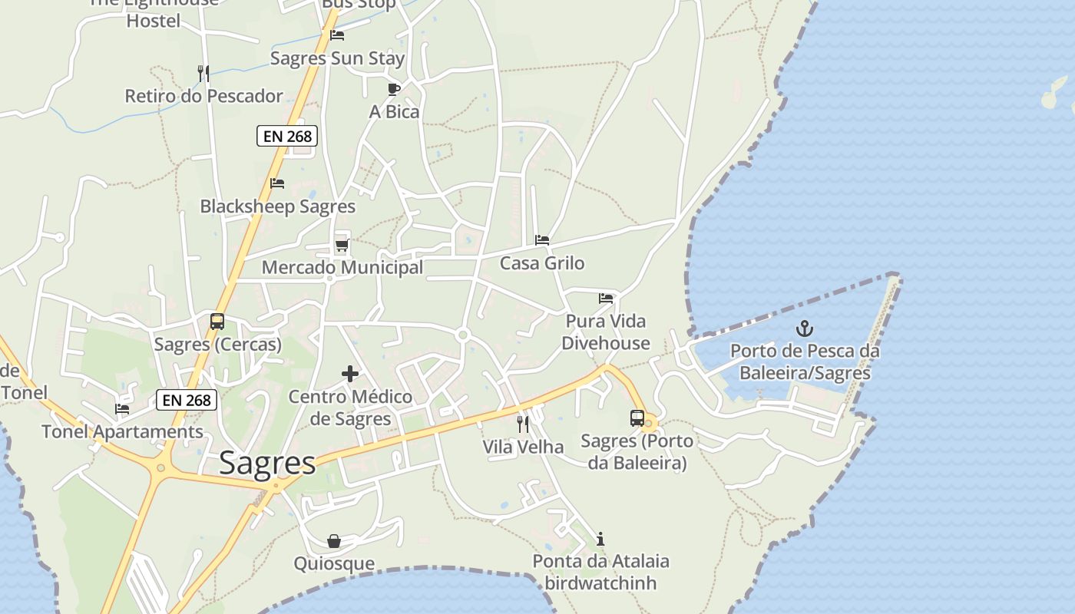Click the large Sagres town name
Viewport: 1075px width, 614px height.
[x=267, y=463]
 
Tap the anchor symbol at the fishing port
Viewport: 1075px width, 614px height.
[x=804, y=329]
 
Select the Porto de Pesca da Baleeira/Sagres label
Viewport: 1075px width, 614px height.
[x=805, y=362]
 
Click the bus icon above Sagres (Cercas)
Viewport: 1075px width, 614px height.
[x=217, y=322]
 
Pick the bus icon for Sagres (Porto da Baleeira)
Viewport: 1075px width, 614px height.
[x=637, y=418]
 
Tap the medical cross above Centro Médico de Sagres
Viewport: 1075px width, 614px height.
[x=350, y=374]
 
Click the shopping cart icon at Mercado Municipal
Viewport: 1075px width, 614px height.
[x=342, y=246]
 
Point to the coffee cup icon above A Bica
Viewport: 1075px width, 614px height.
[x=394, y=89]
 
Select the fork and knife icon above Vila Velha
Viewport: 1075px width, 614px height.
[x=523, y=424]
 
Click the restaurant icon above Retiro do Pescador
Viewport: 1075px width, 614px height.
[x=203, y=73]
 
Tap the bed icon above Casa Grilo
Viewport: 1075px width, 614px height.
[x=542, y=240]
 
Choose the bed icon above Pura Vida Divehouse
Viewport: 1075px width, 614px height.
[x=606, y=298]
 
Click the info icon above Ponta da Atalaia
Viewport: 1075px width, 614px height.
[x=600, y=539]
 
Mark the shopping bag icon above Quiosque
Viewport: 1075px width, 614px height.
[x=334, y=541]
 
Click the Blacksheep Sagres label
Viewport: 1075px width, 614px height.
[x=277, y=206]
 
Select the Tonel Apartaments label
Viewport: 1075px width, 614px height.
[x=122, y=431]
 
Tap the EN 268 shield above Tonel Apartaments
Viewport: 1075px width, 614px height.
[x=187, y=400]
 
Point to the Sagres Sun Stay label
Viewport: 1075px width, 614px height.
[x=337, y=58]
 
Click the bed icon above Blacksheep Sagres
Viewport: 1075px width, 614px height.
[x=277, y=183]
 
